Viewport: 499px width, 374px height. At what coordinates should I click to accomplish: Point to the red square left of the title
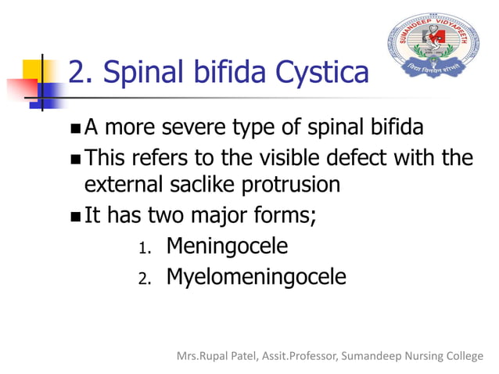pos(20,84)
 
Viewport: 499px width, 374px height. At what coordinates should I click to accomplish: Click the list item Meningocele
pos(227,246)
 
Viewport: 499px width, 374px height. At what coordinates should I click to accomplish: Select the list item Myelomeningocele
pos(256,277)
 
